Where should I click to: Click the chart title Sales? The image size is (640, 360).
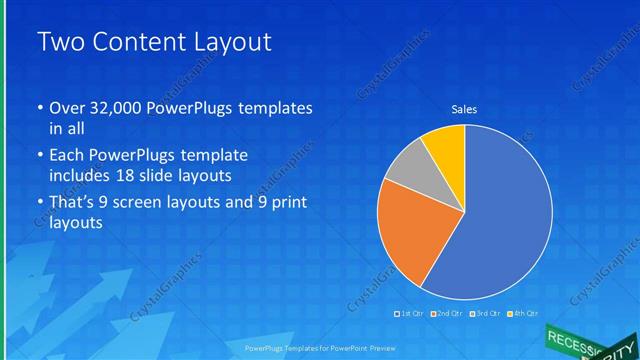pos(464,109)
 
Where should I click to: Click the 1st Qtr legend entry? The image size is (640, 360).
pos(410,314)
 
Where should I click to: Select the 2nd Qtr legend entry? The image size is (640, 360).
pos(447,314)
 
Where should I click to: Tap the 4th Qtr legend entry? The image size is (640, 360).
pos(521,314)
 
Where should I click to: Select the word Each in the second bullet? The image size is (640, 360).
pos(67,156)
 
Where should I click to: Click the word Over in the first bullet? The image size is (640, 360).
pos(68,108)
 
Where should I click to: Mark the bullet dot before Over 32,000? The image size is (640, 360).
pos(39,108)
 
